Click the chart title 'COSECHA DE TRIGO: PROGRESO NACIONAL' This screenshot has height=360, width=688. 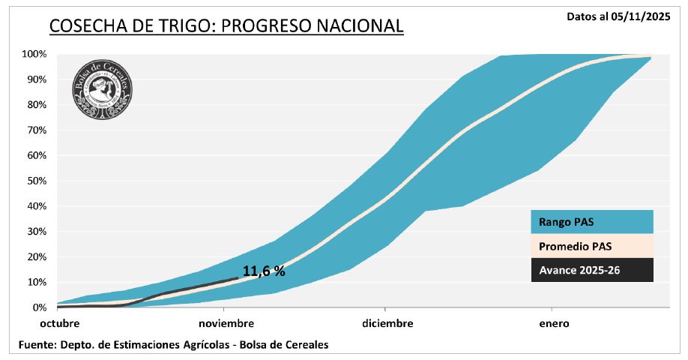click(x=226, y=26)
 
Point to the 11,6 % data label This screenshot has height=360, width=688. click(x=264, y=271)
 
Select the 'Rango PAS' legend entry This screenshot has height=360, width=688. click(x=591, y=221)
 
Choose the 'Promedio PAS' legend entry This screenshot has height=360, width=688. click(x=591, y=245)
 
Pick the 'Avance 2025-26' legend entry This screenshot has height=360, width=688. click(x=591, y=270)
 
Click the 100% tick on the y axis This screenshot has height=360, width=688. click(x=34, y=54)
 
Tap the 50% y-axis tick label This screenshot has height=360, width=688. click(x=37, y=181)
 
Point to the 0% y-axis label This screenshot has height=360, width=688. click(x=40, y=307)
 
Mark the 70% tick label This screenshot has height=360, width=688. click(x=37, y=130)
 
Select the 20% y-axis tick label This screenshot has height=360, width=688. click(x=37, y=256)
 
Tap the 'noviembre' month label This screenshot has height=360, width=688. click(x=226, y=324)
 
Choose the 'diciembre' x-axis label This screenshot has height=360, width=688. click(x=387, y=324)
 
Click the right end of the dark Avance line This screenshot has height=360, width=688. click(x=238, y=277)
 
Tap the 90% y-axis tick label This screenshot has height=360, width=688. click(x=37, y=79)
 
